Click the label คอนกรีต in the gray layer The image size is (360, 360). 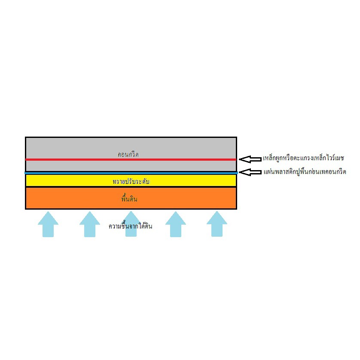pyautogui.click(x=128, y=154)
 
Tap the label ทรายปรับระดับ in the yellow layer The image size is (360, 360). pyautogui.click(x=131, y=181)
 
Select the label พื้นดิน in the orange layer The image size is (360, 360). pyautogui.click(x=129, y=198)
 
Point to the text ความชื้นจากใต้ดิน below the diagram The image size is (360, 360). pyautogui.click(x=130, y=226)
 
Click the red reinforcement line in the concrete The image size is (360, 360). pyautogui.click(x=131, y=159)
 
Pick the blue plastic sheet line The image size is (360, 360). pyautogui.click(x=131, y=173)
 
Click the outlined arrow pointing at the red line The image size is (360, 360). pyautogui.click(x=250, y=159)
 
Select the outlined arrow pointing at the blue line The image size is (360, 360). pyautogui.click(x=250, y=172)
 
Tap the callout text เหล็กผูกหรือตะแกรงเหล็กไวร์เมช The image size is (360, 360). pyautogui.click(x=304, y=158)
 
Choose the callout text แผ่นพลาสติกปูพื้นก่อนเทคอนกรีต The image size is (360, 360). pyautogui.click(x=305, y=171)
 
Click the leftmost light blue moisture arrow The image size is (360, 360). pyautogui.click(x=48, y=224)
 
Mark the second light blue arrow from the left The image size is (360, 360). pyautogui.click(x=89, y=224)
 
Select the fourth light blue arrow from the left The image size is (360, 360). pyautogui.click(x=176, y=224)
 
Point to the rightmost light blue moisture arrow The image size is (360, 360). pyautogui.click(x=217, y=224)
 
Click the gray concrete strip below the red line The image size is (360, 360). pyautogui.click(x=131, y=166)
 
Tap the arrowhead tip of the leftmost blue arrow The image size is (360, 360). pyautogui.click(x=48, y=212)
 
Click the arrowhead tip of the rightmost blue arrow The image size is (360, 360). pyautogui.click(x=217, y=211)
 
